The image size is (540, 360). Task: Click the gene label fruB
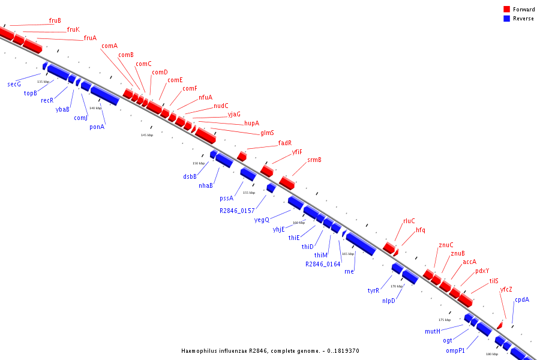[x=55, y=20]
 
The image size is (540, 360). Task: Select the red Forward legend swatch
[x=506, y=10]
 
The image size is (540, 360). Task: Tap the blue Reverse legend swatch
[x=506, y=19]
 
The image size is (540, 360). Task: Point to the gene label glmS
[x=267, y=133]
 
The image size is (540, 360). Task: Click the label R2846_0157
[x=237, y=211]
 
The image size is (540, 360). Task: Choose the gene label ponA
[x=97, y=127]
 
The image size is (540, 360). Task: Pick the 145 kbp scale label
[x=147, y=135]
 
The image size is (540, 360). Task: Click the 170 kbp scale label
[x=397, y=286]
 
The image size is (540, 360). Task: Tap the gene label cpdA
[x=521, y=299]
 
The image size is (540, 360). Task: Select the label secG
[x=14, y=84]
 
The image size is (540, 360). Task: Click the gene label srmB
[x=314, y=160]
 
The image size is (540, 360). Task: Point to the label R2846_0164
[x=322, y=264]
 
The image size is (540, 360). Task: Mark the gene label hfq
[x=420, y=230]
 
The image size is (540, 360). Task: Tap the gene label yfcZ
[x=506, y=289]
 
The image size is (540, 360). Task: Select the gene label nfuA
[x=205, y=97]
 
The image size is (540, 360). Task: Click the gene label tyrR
[x=373, y=290]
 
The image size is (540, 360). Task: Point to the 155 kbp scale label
[x=248, y=193]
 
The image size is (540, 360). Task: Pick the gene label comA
[x=109, y=46]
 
